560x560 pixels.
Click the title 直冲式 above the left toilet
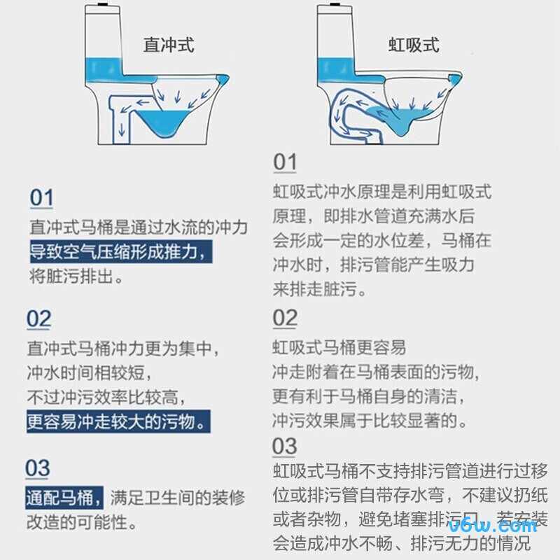coord(169,45)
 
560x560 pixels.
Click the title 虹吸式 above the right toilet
coord(414,45)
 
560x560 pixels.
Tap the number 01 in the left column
coord(41,198)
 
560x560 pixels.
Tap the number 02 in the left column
coord(39,319)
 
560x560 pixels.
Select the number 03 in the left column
coord(38,468)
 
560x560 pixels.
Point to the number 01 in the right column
coord(285,162)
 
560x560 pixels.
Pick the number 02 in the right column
coord(285,318)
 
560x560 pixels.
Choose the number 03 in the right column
coord(285,446)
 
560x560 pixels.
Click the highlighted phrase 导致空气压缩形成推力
coord(120,252)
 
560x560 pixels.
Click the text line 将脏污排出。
coord(77,276)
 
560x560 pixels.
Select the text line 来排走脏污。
coord(319,289)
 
